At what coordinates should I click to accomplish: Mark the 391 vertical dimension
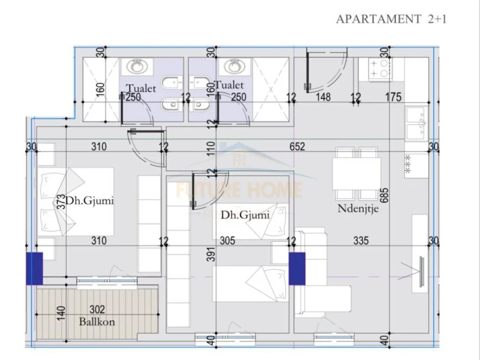(x=212, y=262)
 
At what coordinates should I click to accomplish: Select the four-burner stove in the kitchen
(x=379, y=69)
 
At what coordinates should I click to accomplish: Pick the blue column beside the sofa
(x=297, y=268)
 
